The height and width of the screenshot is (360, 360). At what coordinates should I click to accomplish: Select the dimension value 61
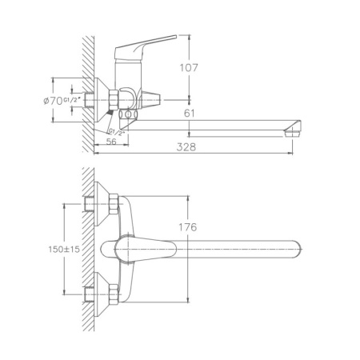click(x=189, y=114)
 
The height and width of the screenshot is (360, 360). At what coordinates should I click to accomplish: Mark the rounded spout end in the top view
click(x=293, y=248)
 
